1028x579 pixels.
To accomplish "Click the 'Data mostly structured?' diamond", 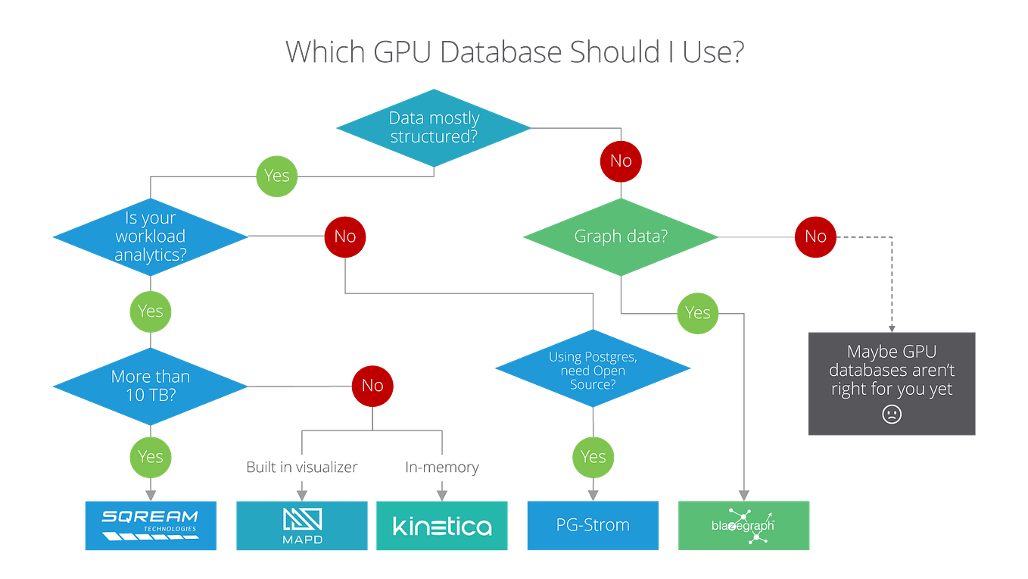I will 434,127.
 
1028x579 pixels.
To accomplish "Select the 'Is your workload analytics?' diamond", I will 150,236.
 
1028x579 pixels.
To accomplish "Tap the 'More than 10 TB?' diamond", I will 150,386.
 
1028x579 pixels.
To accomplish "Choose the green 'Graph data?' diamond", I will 621,236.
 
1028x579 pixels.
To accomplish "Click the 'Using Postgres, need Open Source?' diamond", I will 593,369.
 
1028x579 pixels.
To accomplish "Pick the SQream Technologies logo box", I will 151,525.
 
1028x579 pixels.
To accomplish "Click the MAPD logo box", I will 302,525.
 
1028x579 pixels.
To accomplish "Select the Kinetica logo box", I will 442,525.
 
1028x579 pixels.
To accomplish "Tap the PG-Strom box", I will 593,525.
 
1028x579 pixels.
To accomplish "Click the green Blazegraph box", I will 743,525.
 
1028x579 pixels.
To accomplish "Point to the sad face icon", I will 892,415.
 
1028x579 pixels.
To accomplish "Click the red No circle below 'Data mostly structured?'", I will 621,161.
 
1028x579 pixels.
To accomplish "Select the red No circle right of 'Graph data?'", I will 815,236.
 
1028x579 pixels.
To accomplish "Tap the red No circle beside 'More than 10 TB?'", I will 372,386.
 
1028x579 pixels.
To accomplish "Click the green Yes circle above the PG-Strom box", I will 593,456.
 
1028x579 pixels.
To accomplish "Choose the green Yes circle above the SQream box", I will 150,456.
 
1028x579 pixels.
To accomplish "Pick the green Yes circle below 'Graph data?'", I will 697,312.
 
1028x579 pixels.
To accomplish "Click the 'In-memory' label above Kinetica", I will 442,468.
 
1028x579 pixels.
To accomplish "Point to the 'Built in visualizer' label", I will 301,468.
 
